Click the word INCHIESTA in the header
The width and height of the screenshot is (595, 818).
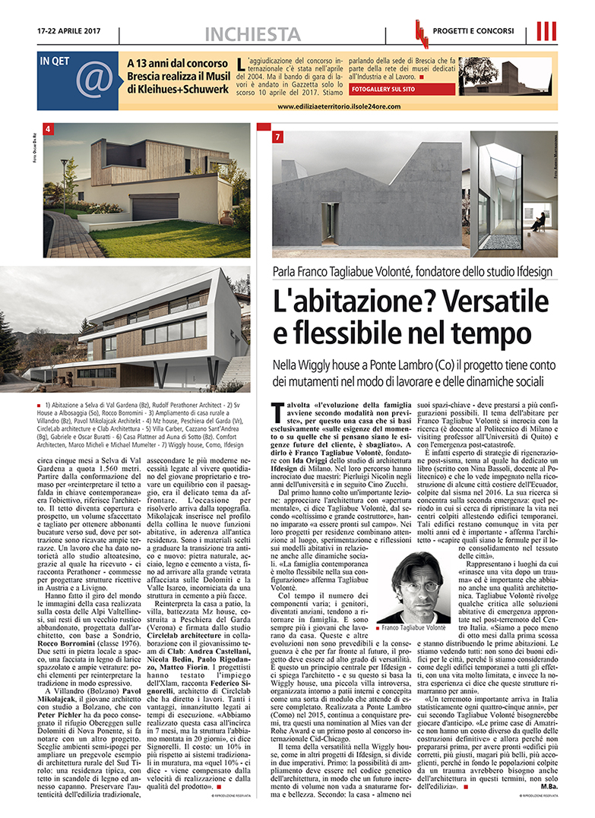tap(254, 33)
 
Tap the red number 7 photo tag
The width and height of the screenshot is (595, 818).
tap(278, 137)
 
